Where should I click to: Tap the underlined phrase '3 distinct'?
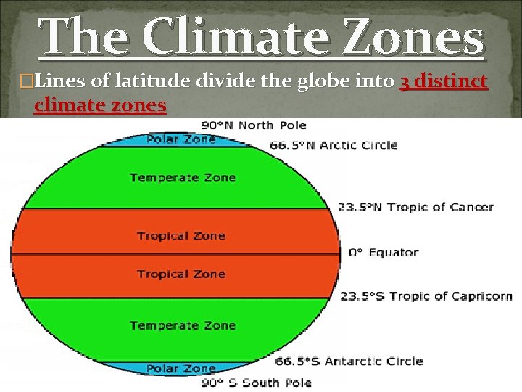pos(444,82)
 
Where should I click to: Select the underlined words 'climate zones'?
pos(100,105)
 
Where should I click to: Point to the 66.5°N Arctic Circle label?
pos(333,145)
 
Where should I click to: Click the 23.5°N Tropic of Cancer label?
pos(415,208)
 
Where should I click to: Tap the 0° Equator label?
pos(384,253)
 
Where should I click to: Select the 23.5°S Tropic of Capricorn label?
pos(426,296)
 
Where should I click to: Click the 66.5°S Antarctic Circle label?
pos(349,361)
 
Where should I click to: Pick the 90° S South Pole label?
pos(257,383)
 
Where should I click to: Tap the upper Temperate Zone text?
pos(183,177)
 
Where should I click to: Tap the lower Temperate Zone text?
pos(183,325)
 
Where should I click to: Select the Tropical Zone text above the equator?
pos(181,235)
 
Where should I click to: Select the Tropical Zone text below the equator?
pos(181,274)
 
